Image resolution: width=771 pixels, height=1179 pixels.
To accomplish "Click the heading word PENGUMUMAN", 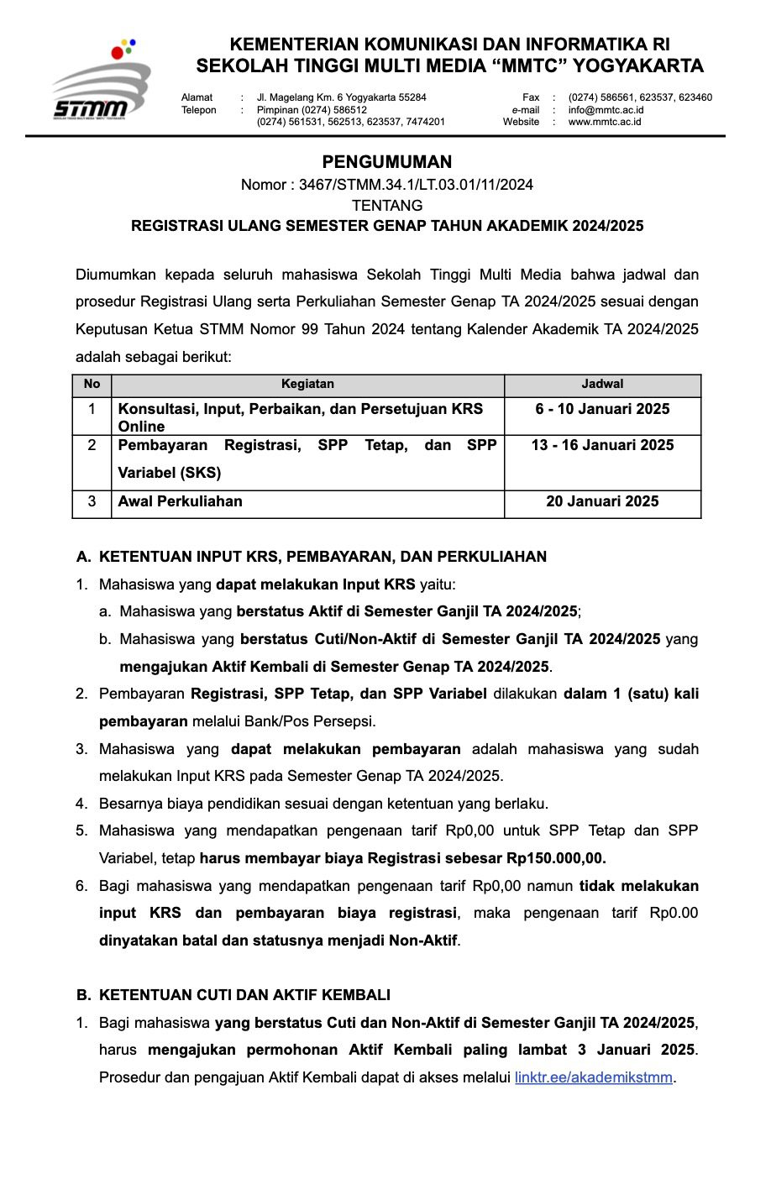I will [386, 162].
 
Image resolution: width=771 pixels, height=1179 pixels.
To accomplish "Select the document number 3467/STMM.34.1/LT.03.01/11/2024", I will [416, 185].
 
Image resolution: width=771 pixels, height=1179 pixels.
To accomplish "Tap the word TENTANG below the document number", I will [386, 206].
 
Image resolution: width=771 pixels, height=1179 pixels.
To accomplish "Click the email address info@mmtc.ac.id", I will [606, 110].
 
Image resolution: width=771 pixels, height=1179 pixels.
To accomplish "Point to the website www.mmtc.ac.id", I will [604, 122].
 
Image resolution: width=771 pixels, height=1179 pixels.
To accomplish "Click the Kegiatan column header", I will [307, 385].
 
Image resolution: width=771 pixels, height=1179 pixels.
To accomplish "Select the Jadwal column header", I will [602, 385].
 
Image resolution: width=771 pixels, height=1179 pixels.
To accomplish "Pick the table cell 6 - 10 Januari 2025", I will [602, 410].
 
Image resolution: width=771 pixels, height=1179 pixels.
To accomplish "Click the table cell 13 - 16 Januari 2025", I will [602, 446].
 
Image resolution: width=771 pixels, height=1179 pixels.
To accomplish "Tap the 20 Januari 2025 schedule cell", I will [602, 502].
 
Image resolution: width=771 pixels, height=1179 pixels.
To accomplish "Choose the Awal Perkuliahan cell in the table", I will [181, 502].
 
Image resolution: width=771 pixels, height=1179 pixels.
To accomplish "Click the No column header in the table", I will [92, 385].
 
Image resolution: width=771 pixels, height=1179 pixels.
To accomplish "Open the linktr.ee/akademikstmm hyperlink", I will [594, 1077].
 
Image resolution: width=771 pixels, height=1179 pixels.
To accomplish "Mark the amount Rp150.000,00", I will [556, 858].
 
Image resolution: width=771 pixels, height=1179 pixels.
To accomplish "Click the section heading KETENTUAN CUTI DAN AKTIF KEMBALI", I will [244, 995].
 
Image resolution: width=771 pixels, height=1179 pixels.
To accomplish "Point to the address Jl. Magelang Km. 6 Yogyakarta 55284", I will [341, 97].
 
